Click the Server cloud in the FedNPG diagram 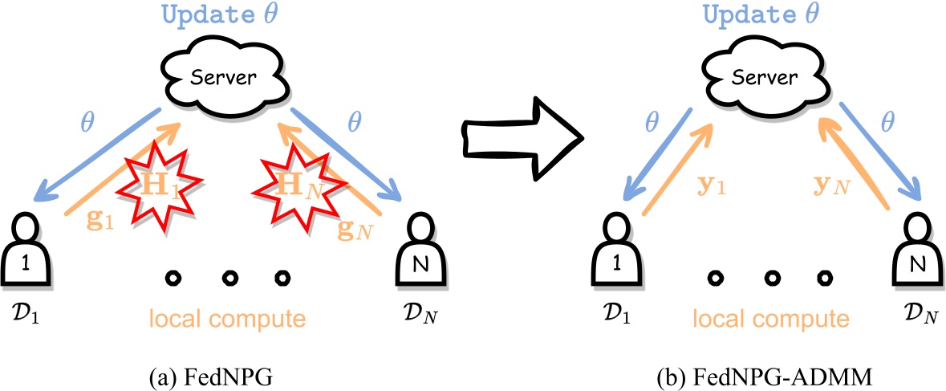221,79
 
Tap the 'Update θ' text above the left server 221,15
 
